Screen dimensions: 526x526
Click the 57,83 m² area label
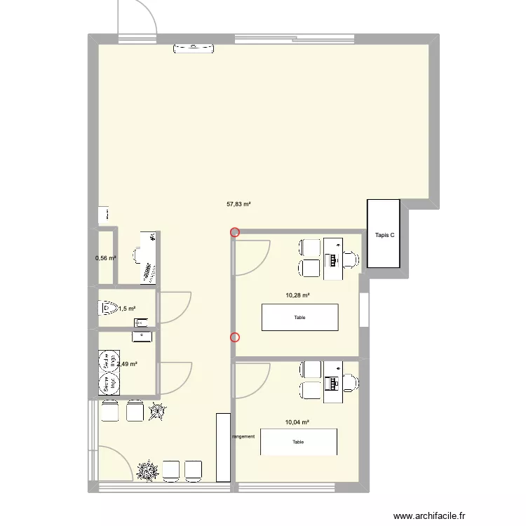[238, 205]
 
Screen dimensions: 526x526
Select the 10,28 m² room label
[297, 295]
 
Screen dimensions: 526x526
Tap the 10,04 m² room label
[297, 422]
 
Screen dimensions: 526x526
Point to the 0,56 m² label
[106, 258]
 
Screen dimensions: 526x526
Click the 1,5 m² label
[127, 308]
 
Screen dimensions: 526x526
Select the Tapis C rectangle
[384, 234]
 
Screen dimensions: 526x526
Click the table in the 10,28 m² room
[299, 317]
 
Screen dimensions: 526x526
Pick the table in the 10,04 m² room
[299, 442]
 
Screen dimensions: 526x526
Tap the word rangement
[243, 436]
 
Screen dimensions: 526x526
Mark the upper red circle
[235, 233]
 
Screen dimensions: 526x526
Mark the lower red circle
[235, 337]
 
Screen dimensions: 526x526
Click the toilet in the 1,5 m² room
[107, 307]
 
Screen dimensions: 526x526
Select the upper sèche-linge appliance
[109, 360]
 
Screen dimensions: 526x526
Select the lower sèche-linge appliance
[109, 383]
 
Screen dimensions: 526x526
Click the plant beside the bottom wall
[148, 470]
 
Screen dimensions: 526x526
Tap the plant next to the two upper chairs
[158, 412]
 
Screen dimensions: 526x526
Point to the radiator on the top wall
[194, 48]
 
